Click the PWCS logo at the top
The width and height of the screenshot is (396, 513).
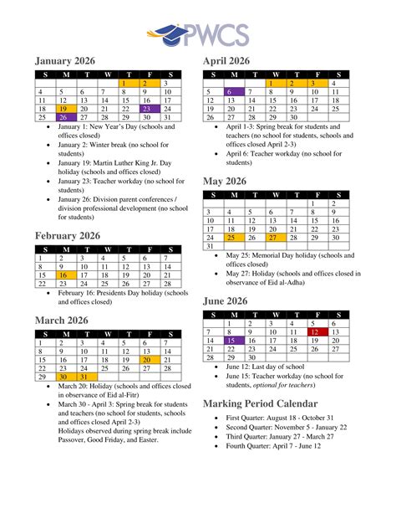pyautogui.click(x=198, y=35)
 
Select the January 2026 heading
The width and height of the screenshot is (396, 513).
pyautogui.click(x=65, y=61)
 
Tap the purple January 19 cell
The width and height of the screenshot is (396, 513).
pyautogui.click(x=64, y=109)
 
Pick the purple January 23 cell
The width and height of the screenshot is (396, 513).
pyautogui.click(x=146, y=109)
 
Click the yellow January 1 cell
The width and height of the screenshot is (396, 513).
pyautogui.click(x=125, y=84)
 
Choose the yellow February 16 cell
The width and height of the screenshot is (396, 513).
pyautogui.click(x=64, y=274)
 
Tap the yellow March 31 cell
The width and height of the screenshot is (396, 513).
pyautogui.click(x=84, y=377)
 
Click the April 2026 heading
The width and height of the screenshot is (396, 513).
pyautogui.click(x=226, y=61)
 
